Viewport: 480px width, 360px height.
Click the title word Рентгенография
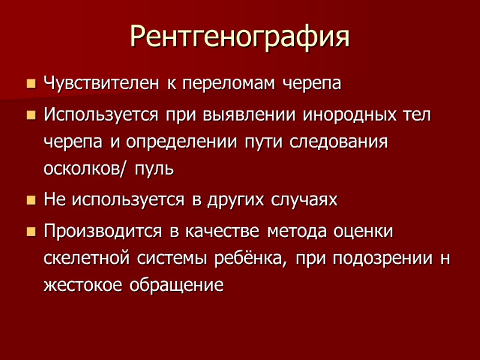pos(240,37)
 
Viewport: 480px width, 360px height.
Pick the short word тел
pos(416,114)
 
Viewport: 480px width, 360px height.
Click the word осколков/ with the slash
pos(85,169)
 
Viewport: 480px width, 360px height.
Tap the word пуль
pos(155,169)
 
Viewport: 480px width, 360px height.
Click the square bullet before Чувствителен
pos(31,84)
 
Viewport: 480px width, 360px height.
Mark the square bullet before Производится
pos(31,231)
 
